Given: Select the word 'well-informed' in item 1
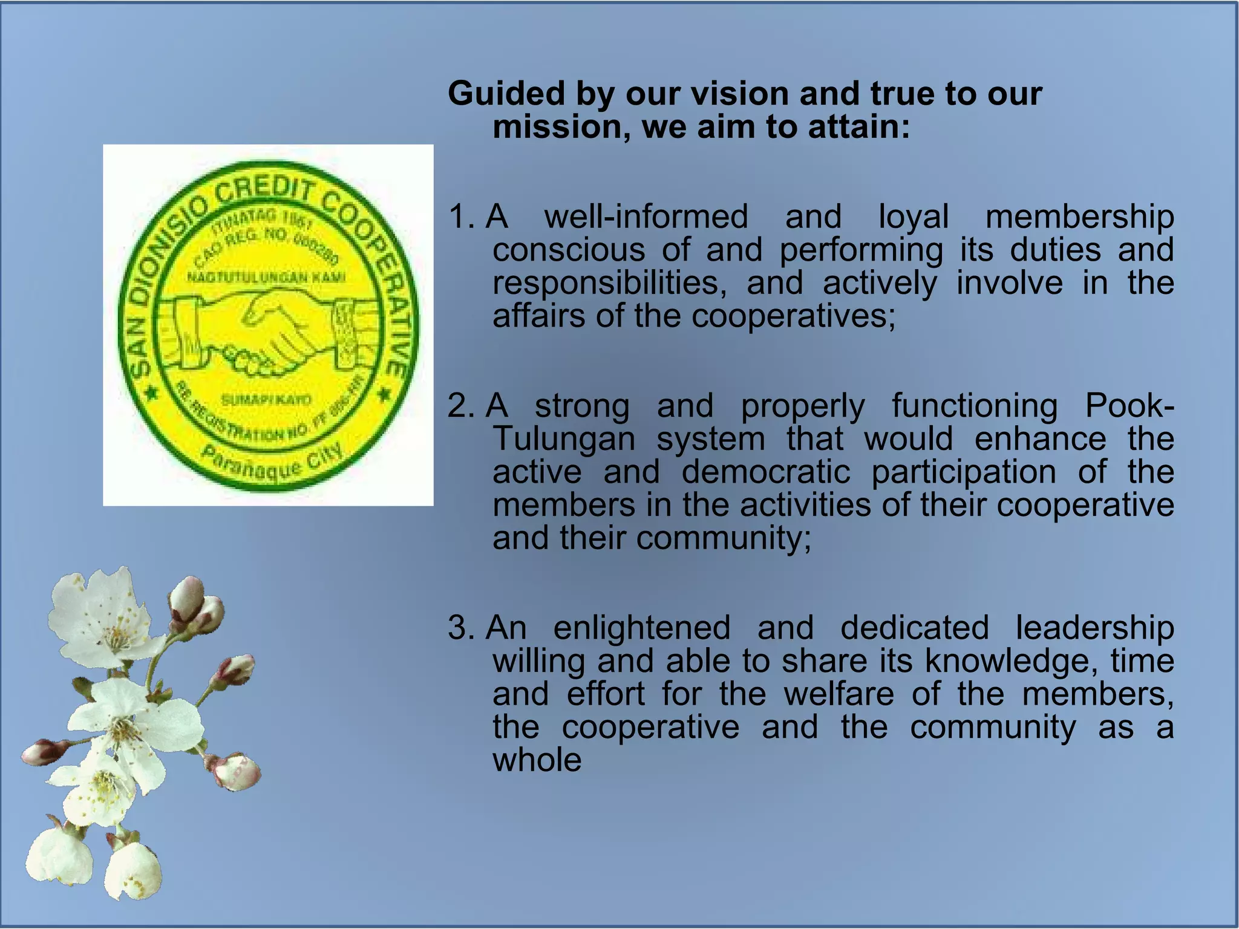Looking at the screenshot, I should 646,217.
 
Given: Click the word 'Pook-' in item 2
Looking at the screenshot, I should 1129,406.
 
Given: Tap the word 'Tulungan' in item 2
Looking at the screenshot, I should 563,439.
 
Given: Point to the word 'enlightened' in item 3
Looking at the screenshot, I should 641,628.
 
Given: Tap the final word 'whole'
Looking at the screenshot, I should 537,760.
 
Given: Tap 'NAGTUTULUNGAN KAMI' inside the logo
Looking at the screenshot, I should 266,277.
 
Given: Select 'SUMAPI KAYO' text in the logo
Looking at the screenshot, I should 266,400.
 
